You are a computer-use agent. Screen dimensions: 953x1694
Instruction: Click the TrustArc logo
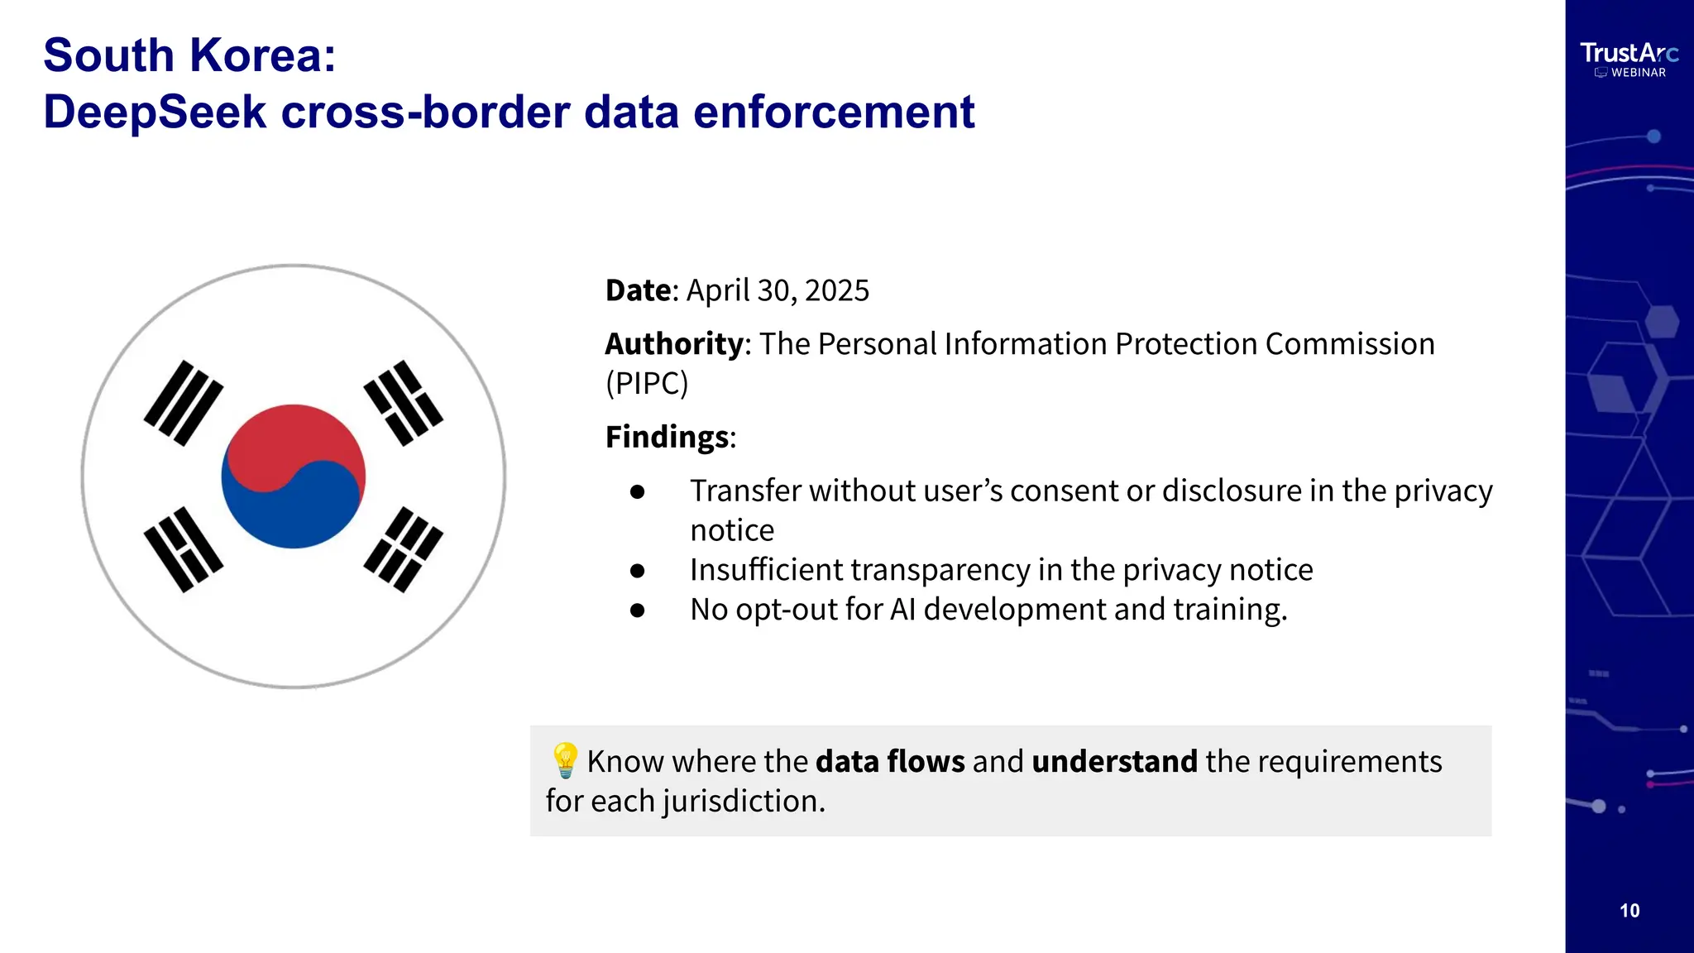point(1629,54)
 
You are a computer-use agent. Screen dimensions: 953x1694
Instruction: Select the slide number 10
point(1629,911)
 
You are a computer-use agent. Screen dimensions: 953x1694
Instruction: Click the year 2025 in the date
point(837,290)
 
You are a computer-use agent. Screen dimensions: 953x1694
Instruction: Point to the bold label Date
point(638,290)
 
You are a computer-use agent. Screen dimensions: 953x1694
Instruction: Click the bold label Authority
point(674,344)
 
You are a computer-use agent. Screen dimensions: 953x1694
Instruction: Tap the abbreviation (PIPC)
point(647,384)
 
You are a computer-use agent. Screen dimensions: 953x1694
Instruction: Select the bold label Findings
point(668,437)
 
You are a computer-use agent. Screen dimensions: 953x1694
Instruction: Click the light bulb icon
point(565,760)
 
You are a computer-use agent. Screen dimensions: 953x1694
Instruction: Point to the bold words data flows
point(890,761)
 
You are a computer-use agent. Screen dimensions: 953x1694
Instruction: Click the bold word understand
point(1114,761)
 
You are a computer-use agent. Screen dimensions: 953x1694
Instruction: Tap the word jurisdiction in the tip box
point(743,801)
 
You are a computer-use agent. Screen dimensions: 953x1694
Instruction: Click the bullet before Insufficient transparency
point(637,570)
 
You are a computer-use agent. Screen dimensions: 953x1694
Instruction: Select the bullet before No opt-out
point(637,610)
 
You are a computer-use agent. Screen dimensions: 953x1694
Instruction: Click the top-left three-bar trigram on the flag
point(184,403)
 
